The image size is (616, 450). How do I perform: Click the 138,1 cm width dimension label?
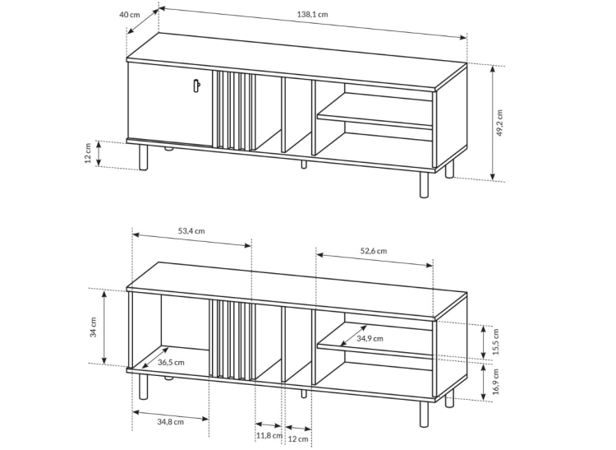coord(312,15)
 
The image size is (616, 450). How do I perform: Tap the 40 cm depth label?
coord(129,15)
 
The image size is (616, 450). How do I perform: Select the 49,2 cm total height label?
coord(499,123)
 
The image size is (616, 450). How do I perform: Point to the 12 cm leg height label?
coord(88,153)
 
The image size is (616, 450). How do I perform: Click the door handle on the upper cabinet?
coord(197,86)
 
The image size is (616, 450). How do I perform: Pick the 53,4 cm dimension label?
coord(191,231)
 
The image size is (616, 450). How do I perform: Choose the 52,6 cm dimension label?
coord(374,251)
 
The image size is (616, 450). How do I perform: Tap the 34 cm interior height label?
coord(93,327)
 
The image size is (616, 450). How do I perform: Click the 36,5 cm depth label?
coord(171,362)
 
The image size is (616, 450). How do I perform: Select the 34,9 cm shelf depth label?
coord(370,338)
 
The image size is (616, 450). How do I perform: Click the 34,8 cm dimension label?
coord(171,422)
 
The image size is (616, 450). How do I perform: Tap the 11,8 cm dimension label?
coord(269,436)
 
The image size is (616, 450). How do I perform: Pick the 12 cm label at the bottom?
coord(298,439)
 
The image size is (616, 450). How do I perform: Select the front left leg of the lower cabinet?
coord(144,387)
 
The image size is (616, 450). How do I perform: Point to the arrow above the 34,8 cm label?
coord(171,415)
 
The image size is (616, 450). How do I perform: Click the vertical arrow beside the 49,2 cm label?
coord(493,123)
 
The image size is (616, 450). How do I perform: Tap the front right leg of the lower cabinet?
coord(424,414)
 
